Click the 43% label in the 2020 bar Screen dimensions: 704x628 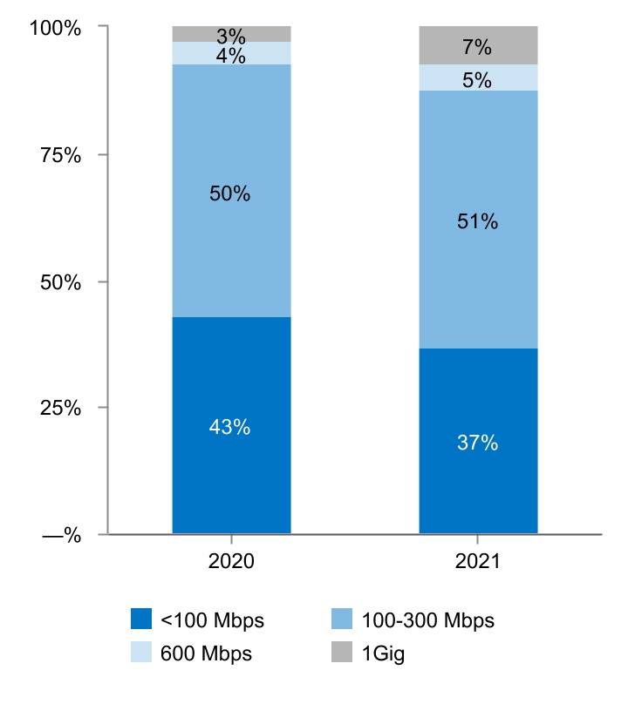230,427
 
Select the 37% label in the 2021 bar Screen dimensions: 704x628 477,443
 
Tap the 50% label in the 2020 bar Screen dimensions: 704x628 230,194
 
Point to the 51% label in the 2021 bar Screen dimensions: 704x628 477,221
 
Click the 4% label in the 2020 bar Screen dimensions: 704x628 230,56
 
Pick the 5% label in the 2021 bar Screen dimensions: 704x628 477,79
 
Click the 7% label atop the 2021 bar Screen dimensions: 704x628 477,48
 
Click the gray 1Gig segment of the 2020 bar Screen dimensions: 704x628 192,34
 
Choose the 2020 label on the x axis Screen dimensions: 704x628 231,562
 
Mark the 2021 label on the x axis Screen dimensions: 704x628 477,562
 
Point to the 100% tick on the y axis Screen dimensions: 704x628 55,28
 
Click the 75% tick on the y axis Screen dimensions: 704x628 61,155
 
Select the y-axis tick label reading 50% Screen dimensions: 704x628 61,282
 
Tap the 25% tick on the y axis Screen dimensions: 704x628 61,408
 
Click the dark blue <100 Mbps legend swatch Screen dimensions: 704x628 141,619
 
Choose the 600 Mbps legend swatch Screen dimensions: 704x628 141,653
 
